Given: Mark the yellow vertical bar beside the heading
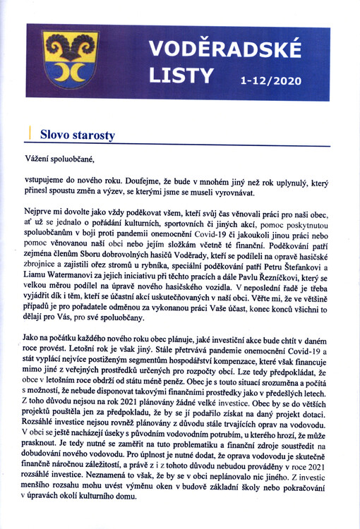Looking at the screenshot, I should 29,132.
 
